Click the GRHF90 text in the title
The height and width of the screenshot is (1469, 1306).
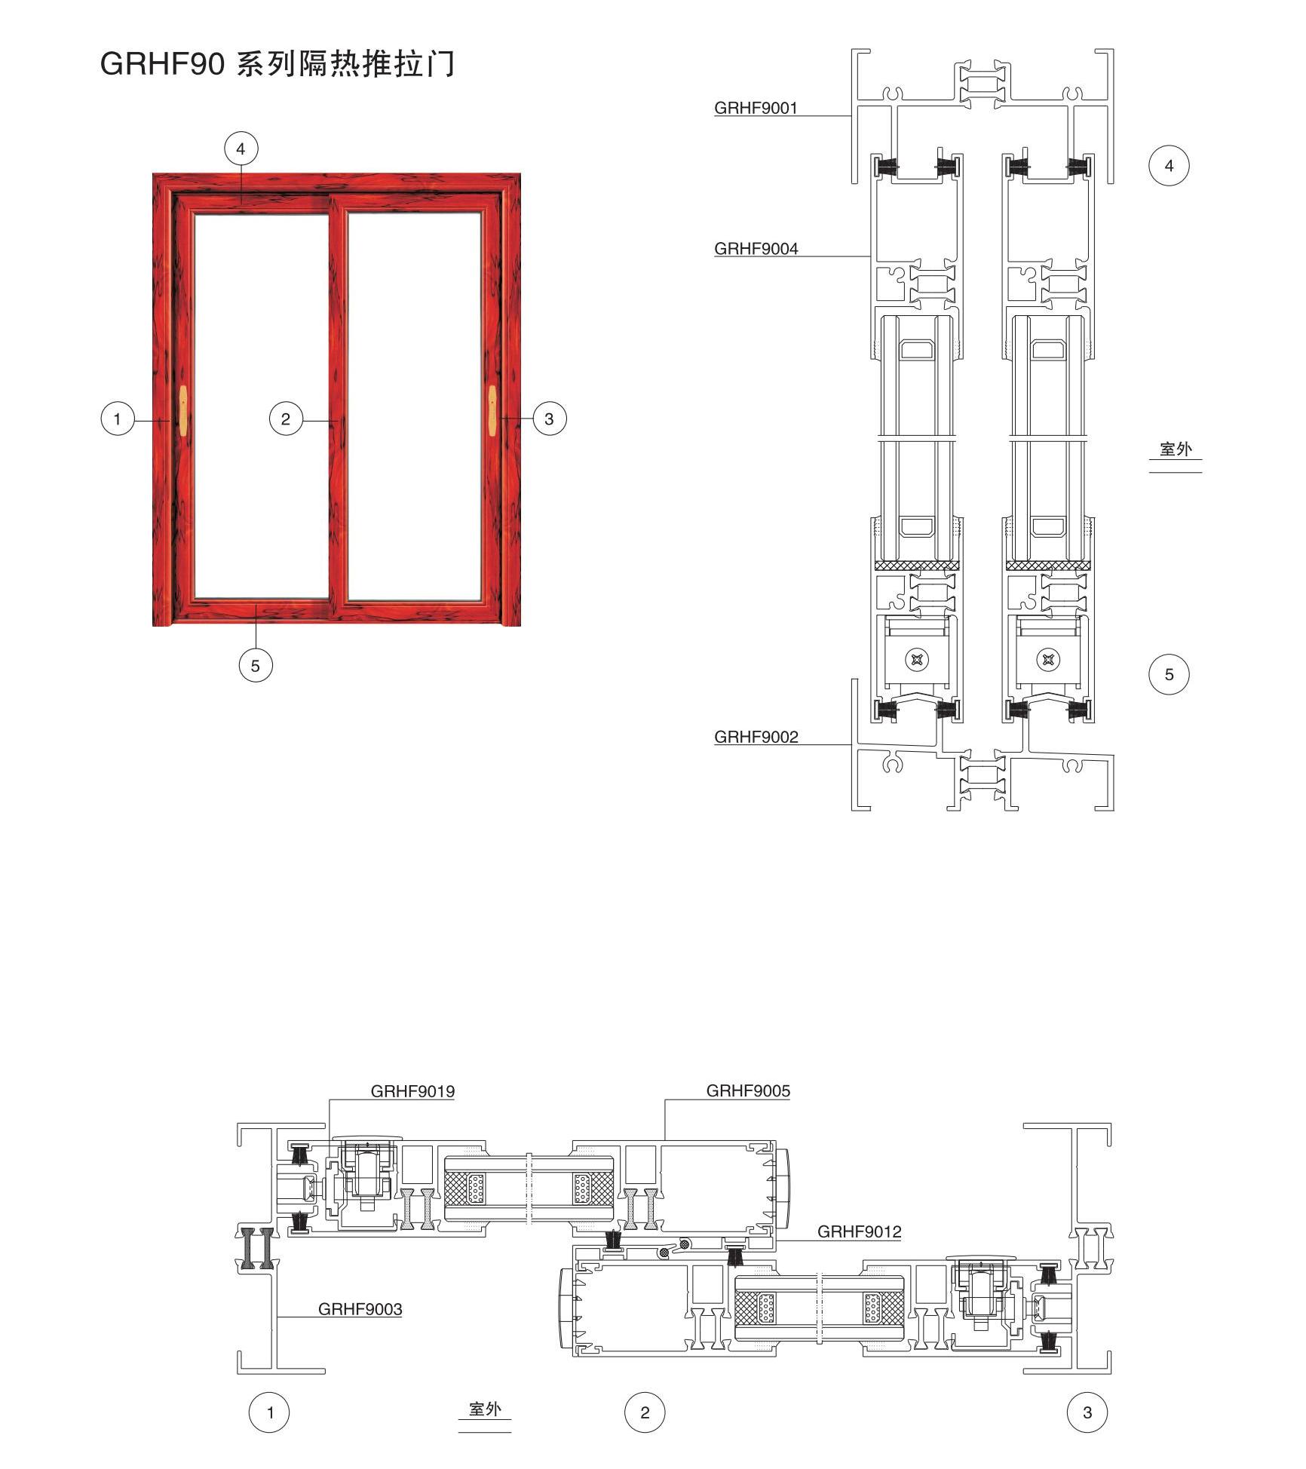[163, 64]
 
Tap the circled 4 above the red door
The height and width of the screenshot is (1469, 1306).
[241, 149]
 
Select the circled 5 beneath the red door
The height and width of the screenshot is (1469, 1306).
[255, 665]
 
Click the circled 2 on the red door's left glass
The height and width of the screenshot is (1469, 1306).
[285, 419]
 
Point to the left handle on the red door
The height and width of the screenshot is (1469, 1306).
[183, 410]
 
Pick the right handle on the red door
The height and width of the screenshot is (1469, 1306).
[492, 410]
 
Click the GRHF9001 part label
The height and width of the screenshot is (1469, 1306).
[756, 108]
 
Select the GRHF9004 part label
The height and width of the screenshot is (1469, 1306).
[756, 249]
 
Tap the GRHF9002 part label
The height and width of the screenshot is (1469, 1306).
[756, 737]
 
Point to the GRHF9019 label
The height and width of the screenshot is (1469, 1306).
[412, 1091]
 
